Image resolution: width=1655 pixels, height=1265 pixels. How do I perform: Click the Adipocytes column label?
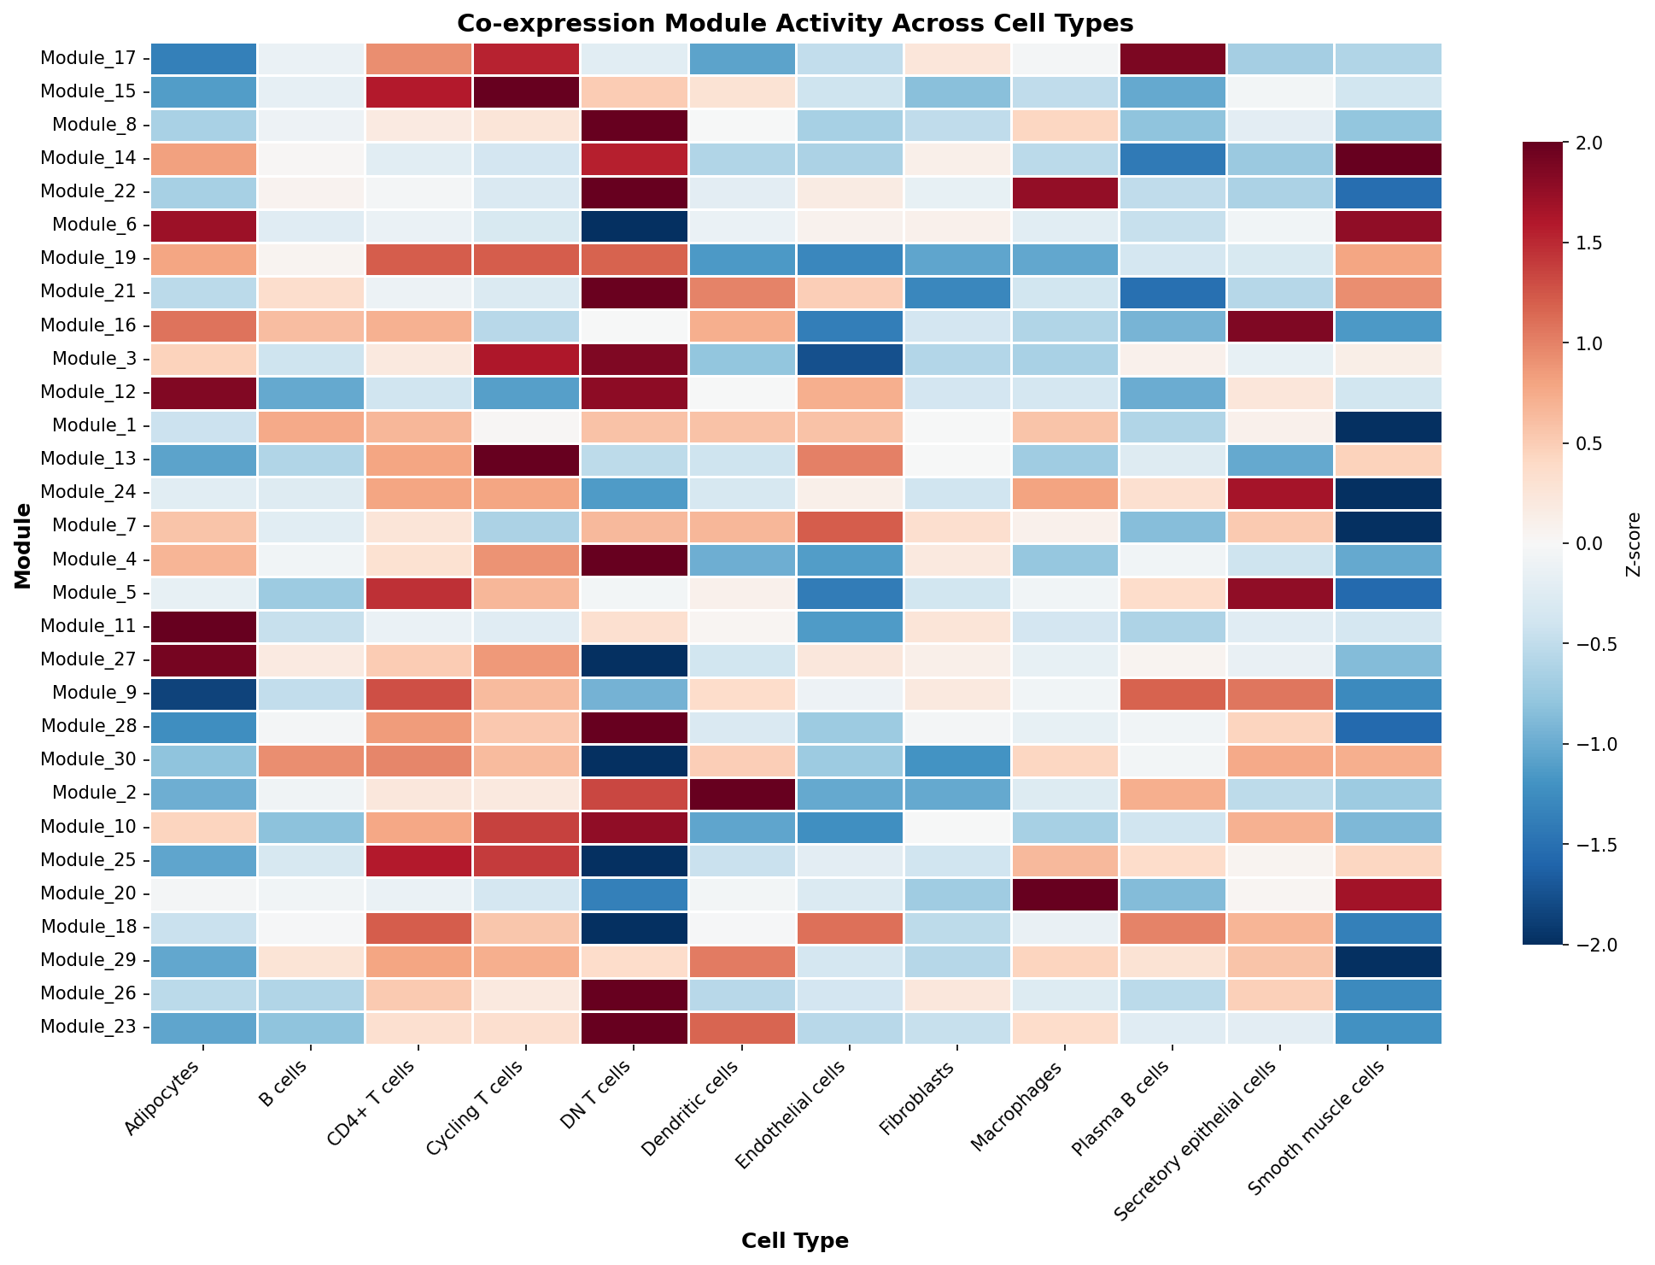point(166,1101)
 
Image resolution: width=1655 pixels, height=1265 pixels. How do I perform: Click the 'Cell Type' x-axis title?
point(795,1241)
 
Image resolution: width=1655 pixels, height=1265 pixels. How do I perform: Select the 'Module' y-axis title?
point(23,546)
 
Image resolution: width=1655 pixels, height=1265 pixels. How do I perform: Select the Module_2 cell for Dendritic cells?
point(742,794)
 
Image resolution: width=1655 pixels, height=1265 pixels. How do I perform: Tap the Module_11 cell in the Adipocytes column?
point(204,627)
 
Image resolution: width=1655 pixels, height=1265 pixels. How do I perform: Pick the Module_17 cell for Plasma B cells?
point(1173,59)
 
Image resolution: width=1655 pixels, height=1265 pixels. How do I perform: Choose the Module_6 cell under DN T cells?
point(635,226)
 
